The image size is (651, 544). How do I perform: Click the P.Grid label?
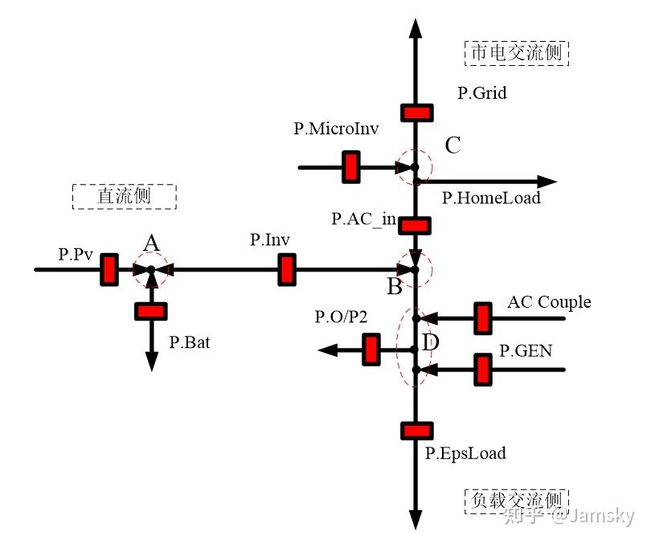coord(482,93)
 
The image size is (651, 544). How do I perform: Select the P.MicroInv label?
coord(336,128)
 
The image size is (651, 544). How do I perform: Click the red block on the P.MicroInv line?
coord(351,167)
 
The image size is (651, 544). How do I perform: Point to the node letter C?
coord(452,145)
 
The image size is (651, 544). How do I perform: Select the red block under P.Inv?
coord(286,269)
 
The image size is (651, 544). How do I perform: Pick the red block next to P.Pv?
coord(109,269)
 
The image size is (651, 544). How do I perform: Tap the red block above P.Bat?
coord(151,311)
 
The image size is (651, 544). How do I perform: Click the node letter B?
coord(395,286)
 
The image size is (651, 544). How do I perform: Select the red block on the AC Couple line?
coord(483,318)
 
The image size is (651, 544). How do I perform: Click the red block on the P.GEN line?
coord(483,369)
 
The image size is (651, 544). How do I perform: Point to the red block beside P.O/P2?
coord(371,349)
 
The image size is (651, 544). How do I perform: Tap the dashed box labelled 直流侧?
coord(124,196)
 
